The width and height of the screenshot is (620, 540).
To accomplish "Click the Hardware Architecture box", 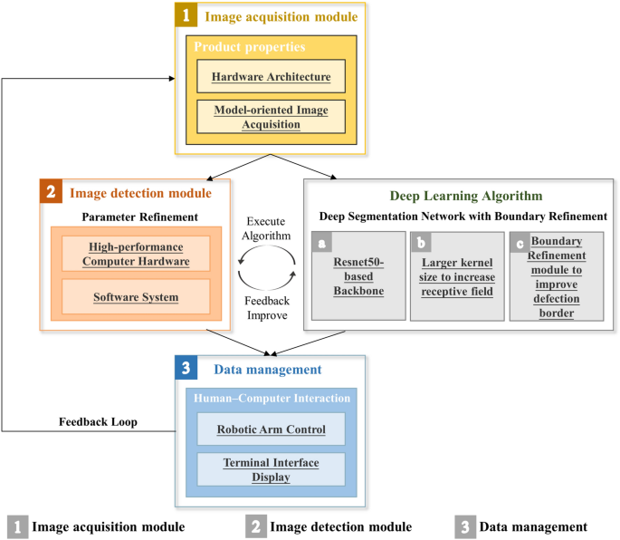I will coord(272,77).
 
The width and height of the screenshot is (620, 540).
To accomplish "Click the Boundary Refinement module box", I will coord(555,276).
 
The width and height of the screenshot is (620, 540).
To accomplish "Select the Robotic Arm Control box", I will coord(271,430).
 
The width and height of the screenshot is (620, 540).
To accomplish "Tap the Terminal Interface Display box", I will coord(271,469).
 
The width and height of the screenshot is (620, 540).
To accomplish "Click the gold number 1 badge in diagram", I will coord(188,14).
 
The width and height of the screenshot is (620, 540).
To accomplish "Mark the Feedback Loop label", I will coord(97,421).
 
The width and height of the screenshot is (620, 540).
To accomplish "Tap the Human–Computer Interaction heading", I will coord(270,399).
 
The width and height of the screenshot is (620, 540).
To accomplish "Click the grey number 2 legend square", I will coord(257,526).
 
